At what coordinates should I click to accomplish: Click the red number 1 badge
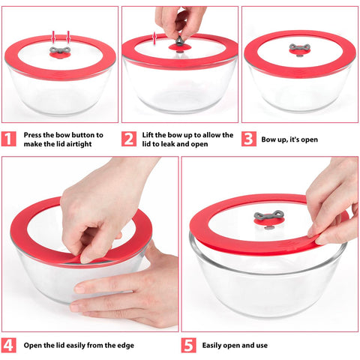click(x=9, y=139)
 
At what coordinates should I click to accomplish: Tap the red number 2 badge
click(x=129, y=139)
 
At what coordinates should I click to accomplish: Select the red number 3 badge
click(x=248, y=139)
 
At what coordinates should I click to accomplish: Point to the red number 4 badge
click(x=9, y=346)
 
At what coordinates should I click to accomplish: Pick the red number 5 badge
click(x=189, y=346)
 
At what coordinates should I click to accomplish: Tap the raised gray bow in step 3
click(x=299, y=49)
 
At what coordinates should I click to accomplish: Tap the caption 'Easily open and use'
click(x=235, y=346)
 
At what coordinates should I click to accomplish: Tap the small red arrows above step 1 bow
click(x=60, y=36)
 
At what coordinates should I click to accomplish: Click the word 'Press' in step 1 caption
click(x=33, y=135)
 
